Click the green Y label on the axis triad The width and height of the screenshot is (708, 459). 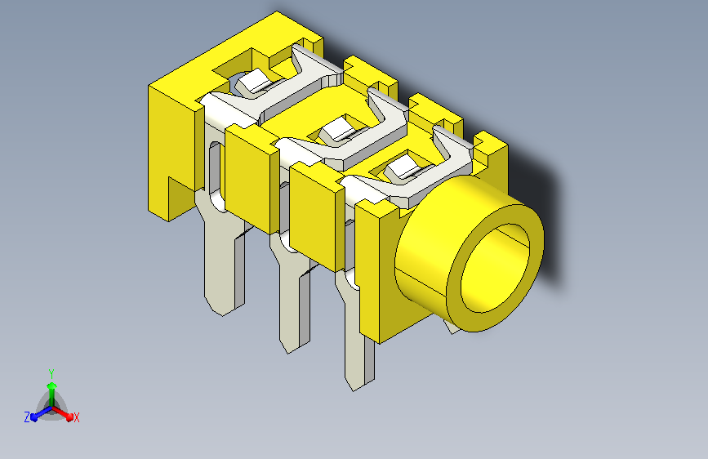point(51,374)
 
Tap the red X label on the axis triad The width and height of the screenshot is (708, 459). point(76,417)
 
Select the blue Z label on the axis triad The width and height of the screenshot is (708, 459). point(27,417)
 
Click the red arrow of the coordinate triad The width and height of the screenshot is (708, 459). point(62,413)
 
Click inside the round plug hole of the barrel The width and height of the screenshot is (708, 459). point(495,268)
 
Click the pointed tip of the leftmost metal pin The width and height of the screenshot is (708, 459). point(222,315)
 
